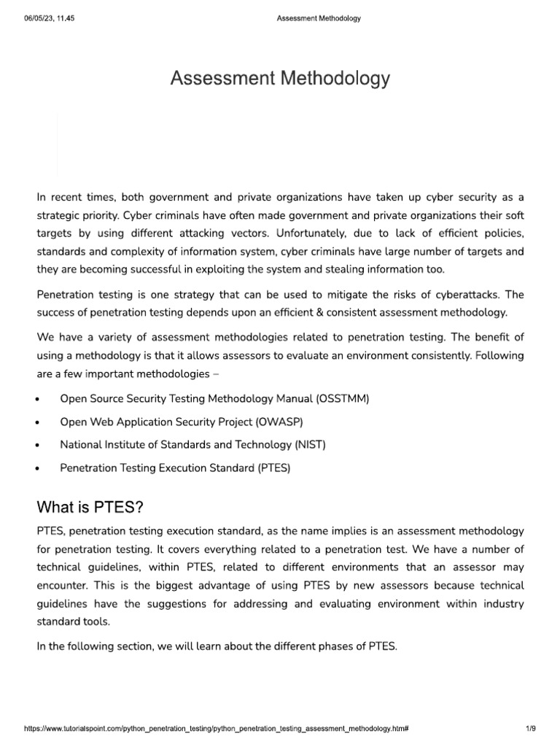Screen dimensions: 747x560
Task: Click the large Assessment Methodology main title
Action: click(280, 79)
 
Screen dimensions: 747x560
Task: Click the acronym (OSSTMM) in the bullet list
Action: click(343, 398)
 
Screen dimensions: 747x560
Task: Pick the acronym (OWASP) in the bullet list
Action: click(279, 422)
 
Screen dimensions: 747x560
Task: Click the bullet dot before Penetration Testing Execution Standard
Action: click(37, 469)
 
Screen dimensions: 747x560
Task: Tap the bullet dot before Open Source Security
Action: click(37, 399)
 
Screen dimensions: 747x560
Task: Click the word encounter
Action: click(64, 586)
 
